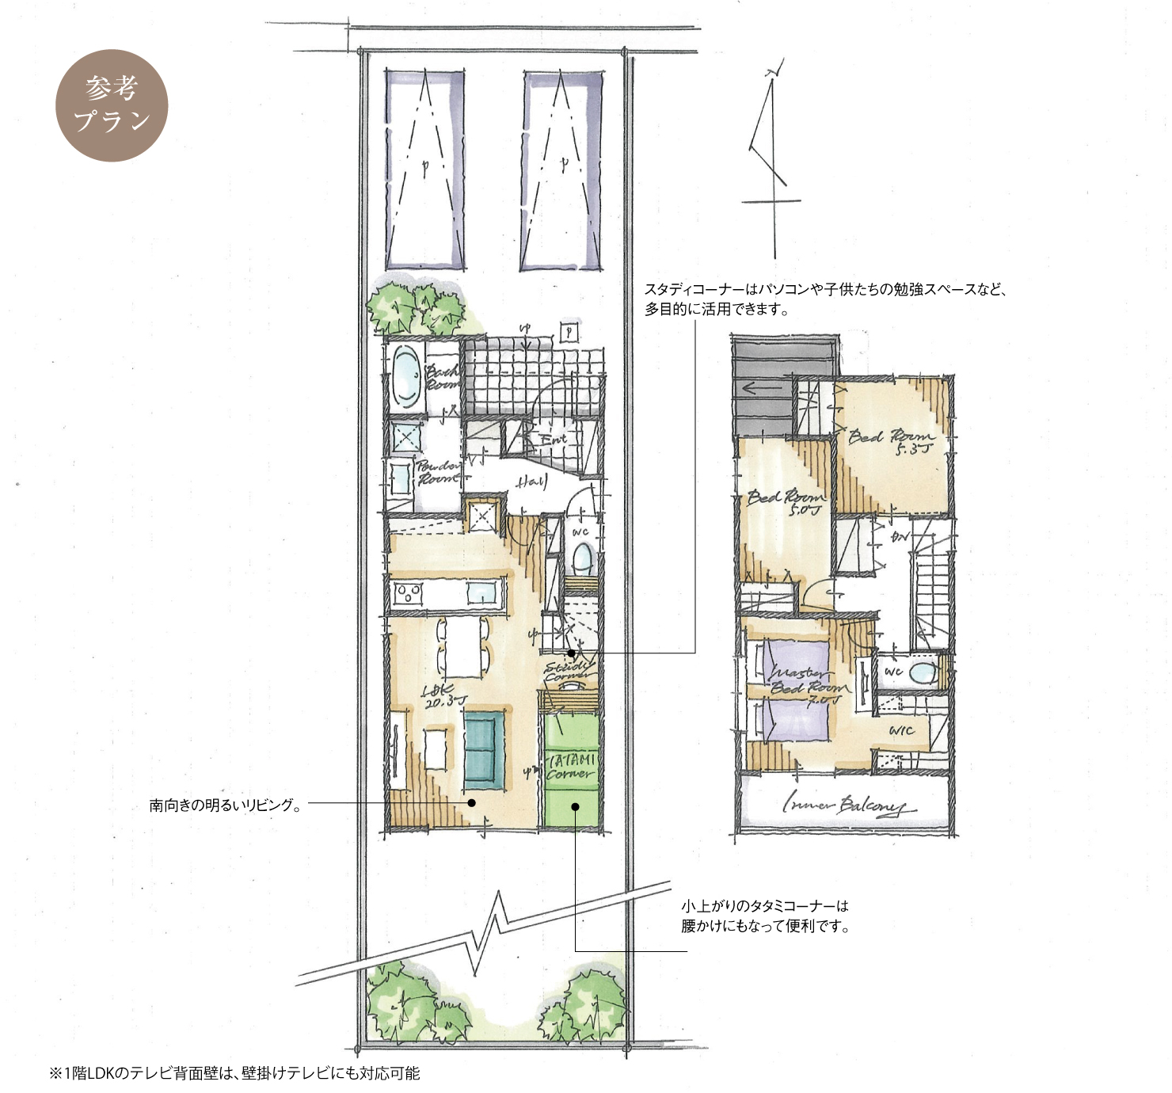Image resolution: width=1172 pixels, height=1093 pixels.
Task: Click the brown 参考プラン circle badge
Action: (x=112, y=105)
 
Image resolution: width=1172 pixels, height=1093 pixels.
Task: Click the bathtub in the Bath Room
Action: (x=406, y=376)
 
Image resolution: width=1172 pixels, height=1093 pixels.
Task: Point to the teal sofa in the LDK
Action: (x=484, y=750)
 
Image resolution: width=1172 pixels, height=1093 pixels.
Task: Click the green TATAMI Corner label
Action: (x=570, y=767)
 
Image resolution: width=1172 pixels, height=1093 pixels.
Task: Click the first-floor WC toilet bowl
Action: (x=582, y=558)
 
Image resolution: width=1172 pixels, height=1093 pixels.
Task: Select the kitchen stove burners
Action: (x=409, y=592)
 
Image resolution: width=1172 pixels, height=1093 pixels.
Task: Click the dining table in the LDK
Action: (x=462, y=646)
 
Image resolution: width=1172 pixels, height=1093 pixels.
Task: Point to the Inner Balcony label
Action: (x=844, y=806)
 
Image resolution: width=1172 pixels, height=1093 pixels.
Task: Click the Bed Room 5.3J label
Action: (x=892, y=440)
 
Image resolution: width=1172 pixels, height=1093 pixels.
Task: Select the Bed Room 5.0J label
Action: (x=786, y=501)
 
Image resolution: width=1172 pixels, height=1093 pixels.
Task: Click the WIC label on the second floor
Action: (x=901, y=730)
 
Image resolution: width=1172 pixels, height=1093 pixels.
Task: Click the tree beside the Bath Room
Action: (x=416, y=307)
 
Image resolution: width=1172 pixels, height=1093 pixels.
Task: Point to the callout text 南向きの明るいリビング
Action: (x=226, y=805)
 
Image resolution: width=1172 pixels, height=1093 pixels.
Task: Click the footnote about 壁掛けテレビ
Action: (x=234, y=1073)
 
